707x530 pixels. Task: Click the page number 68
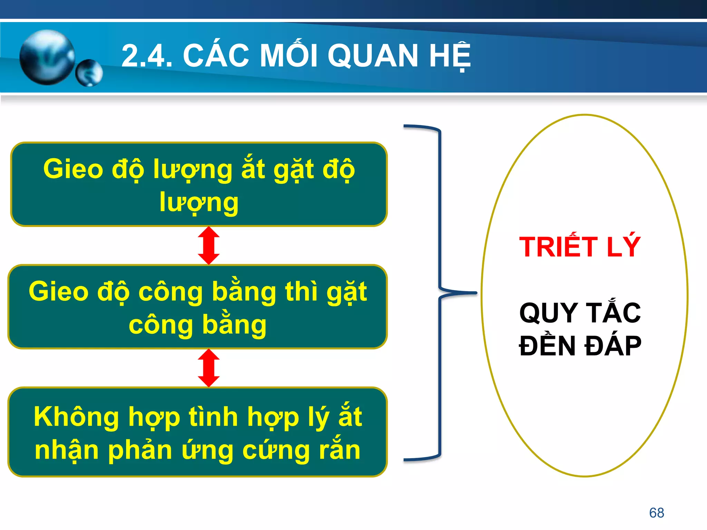point(656,513)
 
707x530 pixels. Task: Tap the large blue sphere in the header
point(47,57)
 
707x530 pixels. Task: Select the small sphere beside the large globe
point(89,73)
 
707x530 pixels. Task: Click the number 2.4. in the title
point(147,56)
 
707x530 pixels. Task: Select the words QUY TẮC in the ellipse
point(580,312)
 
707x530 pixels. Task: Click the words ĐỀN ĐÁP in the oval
point(580,346)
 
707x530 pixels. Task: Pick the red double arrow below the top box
point(209,245)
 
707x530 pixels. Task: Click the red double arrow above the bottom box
point(209,368)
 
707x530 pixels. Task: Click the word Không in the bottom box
point(76,417)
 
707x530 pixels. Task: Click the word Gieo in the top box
point(73,169)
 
